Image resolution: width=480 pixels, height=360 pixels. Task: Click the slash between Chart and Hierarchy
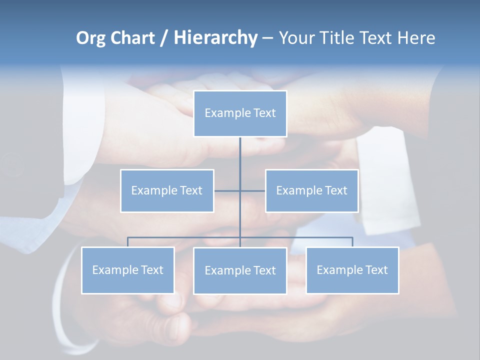[164, 38]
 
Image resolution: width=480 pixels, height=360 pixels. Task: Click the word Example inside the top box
[222, 113]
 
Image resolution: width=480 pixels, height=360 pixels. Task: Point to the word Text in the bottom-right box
[376, 270]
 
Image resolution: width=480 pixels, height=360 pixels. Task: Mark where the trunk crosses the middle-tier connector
[240, 190]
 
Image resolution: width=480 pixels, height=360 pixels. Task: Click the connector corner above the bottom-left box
[127, 237]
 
